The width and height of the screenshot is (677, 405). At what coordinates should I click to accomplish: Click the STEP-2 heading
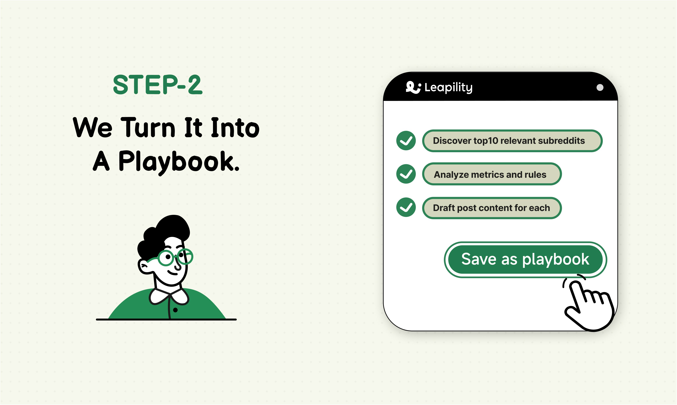158,85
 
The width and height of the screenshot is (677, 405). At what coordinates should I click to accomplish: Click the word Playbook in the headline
179,162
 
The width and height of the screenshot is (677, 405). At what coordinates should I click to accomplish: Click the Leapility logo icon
413,87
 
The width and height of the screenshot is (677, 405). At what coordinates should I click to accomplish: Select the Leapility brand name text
449,87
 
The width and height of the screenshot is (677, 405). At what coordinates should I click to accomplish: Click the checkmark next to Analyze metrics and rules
406,174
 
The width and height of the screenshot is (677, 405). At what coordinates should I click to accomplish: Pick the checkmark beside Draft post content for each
406,208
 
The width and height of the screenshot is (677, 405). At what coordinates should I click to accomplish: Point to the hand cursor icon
590,306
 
